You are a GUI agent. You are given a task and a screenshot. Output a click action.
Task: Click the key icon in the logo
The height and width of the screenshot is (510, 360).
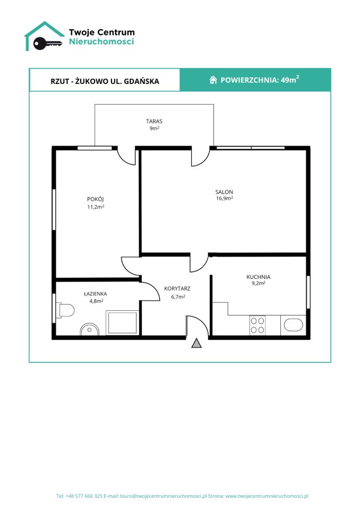click(x=47, y=43)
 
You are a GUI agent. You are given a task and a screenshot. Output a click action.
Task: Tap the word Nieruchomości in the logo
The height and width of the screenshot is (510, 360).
click(x=101, y=41)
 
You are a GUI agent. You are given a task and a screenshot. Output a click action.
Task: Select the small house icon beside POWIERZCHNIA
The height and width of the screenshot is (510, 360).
click(x=213, y=80)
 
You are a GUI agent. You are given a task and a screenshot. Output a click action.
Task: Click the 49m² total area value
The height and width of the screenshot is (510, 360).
click(x=290, y=79)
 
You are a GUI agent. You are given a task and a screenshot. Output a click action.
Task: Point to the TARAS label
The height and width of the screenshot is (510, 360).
click(x=154, y=121)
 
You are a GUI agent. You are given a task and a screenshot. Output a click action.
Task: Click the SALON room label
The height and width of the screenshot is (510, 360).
click(x=224, y=192)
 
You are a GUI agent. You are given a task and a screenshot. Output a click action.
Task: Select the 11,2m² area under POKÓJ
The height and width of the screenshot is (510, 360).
click(x=96, y=207)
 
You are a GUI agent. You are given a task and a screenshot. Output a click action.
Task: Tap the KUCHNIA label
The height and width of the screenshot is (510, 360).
click(x=258, y=277)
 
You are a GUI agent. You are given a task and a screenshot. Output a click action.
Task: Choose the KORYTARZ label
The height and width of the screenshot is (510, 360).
click(x=177, y=288)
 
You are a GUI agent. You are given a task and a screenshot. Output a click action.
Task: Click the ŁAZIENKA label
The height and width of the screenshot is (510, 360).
click(x=96, y=293)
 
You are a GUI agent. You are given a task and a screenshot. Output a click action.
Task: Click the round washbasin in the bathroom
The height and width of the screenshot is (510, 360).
click(x=89, y=329)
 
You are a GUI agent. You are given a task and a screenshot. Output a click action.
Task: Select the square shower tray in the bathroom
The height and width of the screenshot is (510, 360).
click(x=123, y=322)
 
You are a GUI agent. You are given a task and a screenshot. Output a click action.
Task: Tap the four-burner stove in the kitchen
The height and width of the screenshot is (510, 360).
click(x=257, y=325)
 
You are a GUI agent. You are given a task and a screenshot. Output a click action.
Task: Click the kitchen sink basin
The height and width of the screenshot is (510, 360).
click(x=293, y=325)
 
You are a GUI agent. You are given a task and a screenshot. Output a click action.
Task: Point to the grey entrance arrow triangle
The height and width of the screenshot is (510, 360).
click(x=196, y=344)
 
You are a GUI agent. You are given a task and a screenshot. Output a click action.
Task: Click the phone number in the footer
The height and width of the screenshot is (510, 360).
click(x=84, y=496)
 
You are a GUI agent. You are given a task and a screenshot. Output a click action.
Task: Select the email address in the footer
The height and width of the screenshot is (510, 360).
click(x=164, y=496)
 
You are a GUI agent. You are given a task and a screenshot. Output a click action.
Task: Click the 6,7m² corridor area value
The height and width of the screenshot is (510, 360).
click(x=178, y=296)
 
